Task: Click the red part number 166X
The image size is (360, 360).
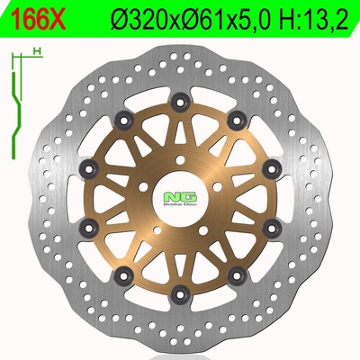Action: (x=38, y=19)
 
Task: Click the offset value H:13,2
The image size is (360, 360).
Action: (x=313, y=19)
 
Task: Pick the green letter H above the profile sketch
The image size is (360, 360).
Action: (x=38, y=51)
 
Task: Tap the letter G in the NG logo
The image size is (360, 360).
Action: (x=189, y=196)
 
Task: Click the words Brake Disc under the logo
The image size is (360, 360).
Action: (x=180, y=204)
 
